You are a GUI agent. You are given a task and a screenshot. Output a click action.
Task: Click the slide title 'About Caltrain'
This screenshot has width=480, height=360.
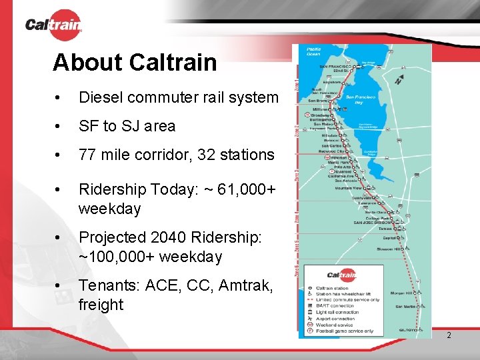[135, 63]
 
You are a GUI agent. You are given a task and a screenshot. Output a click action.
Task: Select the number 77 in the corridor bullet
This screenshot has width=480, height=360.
[88, 155]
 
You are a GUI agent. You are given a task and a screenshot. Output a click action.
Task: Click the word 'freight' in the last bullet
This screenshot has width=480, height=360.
[101, 305]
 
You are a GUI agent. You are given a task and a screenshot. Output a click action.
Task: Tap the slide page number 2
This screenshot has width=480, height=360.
[449, 335]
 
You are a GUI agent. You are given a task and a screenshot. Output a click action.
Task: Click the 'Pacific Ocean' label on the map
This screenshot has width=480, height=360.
[313, 52]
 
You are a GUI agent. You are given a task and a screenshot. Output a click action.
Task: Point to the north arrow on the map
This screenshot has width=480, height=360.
[399, 79]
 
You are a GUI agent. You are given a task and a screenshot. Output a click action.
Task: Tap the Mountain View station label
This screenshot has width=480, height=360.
[349, 189]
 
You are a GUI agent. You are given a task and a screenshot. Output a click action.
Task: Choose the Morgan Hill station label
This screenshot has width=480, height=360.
[402, 293]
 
